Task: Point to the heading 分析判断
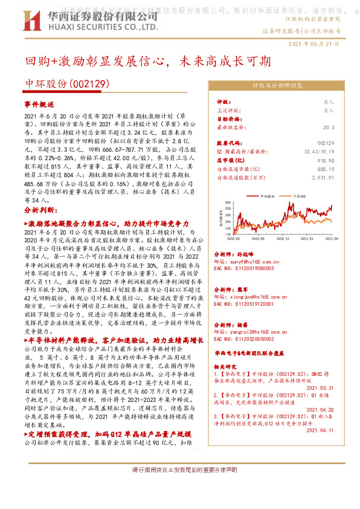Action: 40,209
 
